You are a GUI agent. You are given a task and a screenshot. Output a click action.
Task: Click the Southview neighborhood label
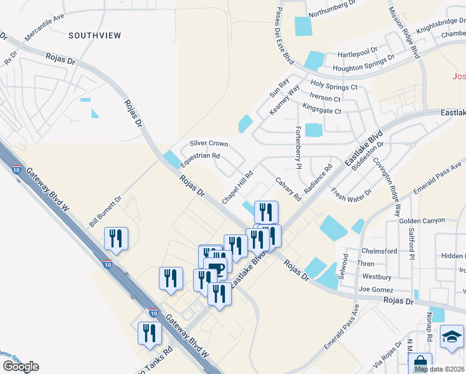(95, 36)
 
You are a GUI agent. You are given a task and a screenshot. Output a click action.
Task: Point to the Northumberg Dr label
(331, 9)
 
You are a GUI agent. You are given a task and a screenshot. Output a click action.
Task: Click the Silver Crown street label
(209, 143)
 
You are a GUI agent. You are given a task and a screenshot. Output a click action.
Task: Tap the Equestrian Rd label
(200, 160)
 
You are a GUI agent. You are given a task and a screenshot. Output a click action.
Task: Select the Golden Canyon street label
(422, 221)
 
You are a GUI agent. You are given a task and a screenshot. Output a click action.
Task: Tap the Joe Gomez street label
(377, 289)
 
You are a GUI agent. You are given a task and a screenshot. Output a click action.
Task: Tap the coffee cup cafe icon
(215, 270)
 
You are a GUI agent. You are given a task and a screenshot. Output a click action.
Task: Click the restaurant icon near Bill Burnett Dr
(116, 238)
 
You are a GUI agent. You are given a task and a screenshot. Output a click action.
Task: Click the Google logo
(20, 367)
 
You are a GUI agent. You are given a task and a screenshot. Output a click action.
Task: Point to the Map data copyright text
(439, 369)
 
